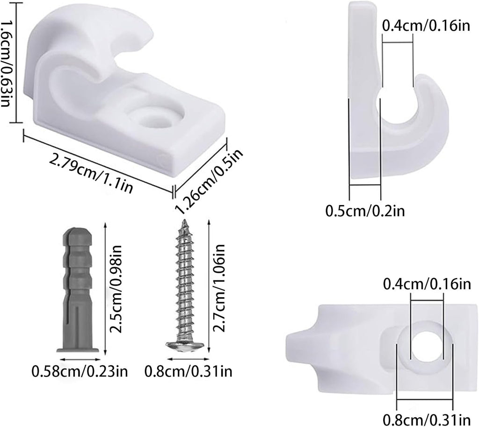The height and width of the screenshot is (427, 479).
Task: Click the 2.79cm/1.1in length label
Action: click(91, 172)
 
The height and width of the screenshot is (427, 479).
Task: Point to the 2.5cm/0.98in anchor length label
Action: click(116, 289)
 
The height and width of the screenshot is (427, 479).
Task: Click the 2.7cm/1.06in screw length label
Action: click(219, 288)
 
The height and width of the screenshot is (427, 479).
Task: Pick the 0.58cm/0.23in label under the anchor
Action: click(80, 371)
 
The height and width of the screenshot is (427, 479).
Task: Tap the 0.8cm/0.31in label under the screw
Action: click(188, 371)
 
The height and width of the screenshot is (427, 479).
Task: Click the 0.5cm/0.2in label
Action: click(365, 211)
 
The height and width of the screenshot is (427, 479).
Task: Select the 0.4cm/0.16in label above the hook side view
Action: click(426, 26)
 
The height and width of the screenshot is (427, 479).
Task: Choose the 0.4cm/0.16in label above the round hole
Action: click(427, 284)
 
